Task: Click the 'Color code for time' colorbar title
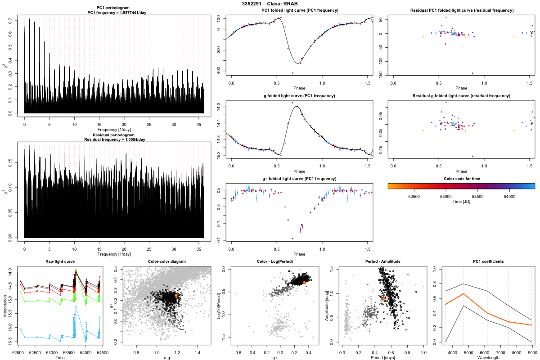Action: click(x=461, y=179)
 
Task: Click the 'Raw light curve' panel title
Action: click(x=60, y=261)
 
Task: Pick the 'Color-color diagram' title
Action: click(x=166, y=261)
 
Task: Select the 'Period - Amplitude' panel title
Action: click(x=381, y=261)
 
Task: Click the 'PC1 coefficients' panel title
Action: click(x=488, y=261)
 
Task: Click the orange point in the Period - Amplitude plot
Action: click(x=384, y=298)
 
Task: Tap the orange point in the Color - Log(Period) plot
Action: click(x=304, y=282)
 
